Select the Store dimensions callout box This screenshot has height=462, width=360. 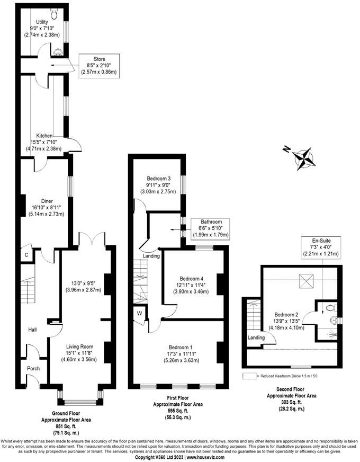[x=98, y=65]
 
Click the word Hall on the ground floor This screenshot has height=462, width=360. [x=32, y=330]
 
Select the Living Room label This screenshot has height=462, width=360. [x=79, y=347]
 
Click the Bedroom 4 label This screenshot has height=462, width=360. [x=191, y=279]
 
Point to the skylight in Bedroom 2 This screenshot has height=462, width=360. [x=307, y=280]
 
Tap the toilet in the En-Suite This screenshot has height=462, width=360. [x=330, y=307]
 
